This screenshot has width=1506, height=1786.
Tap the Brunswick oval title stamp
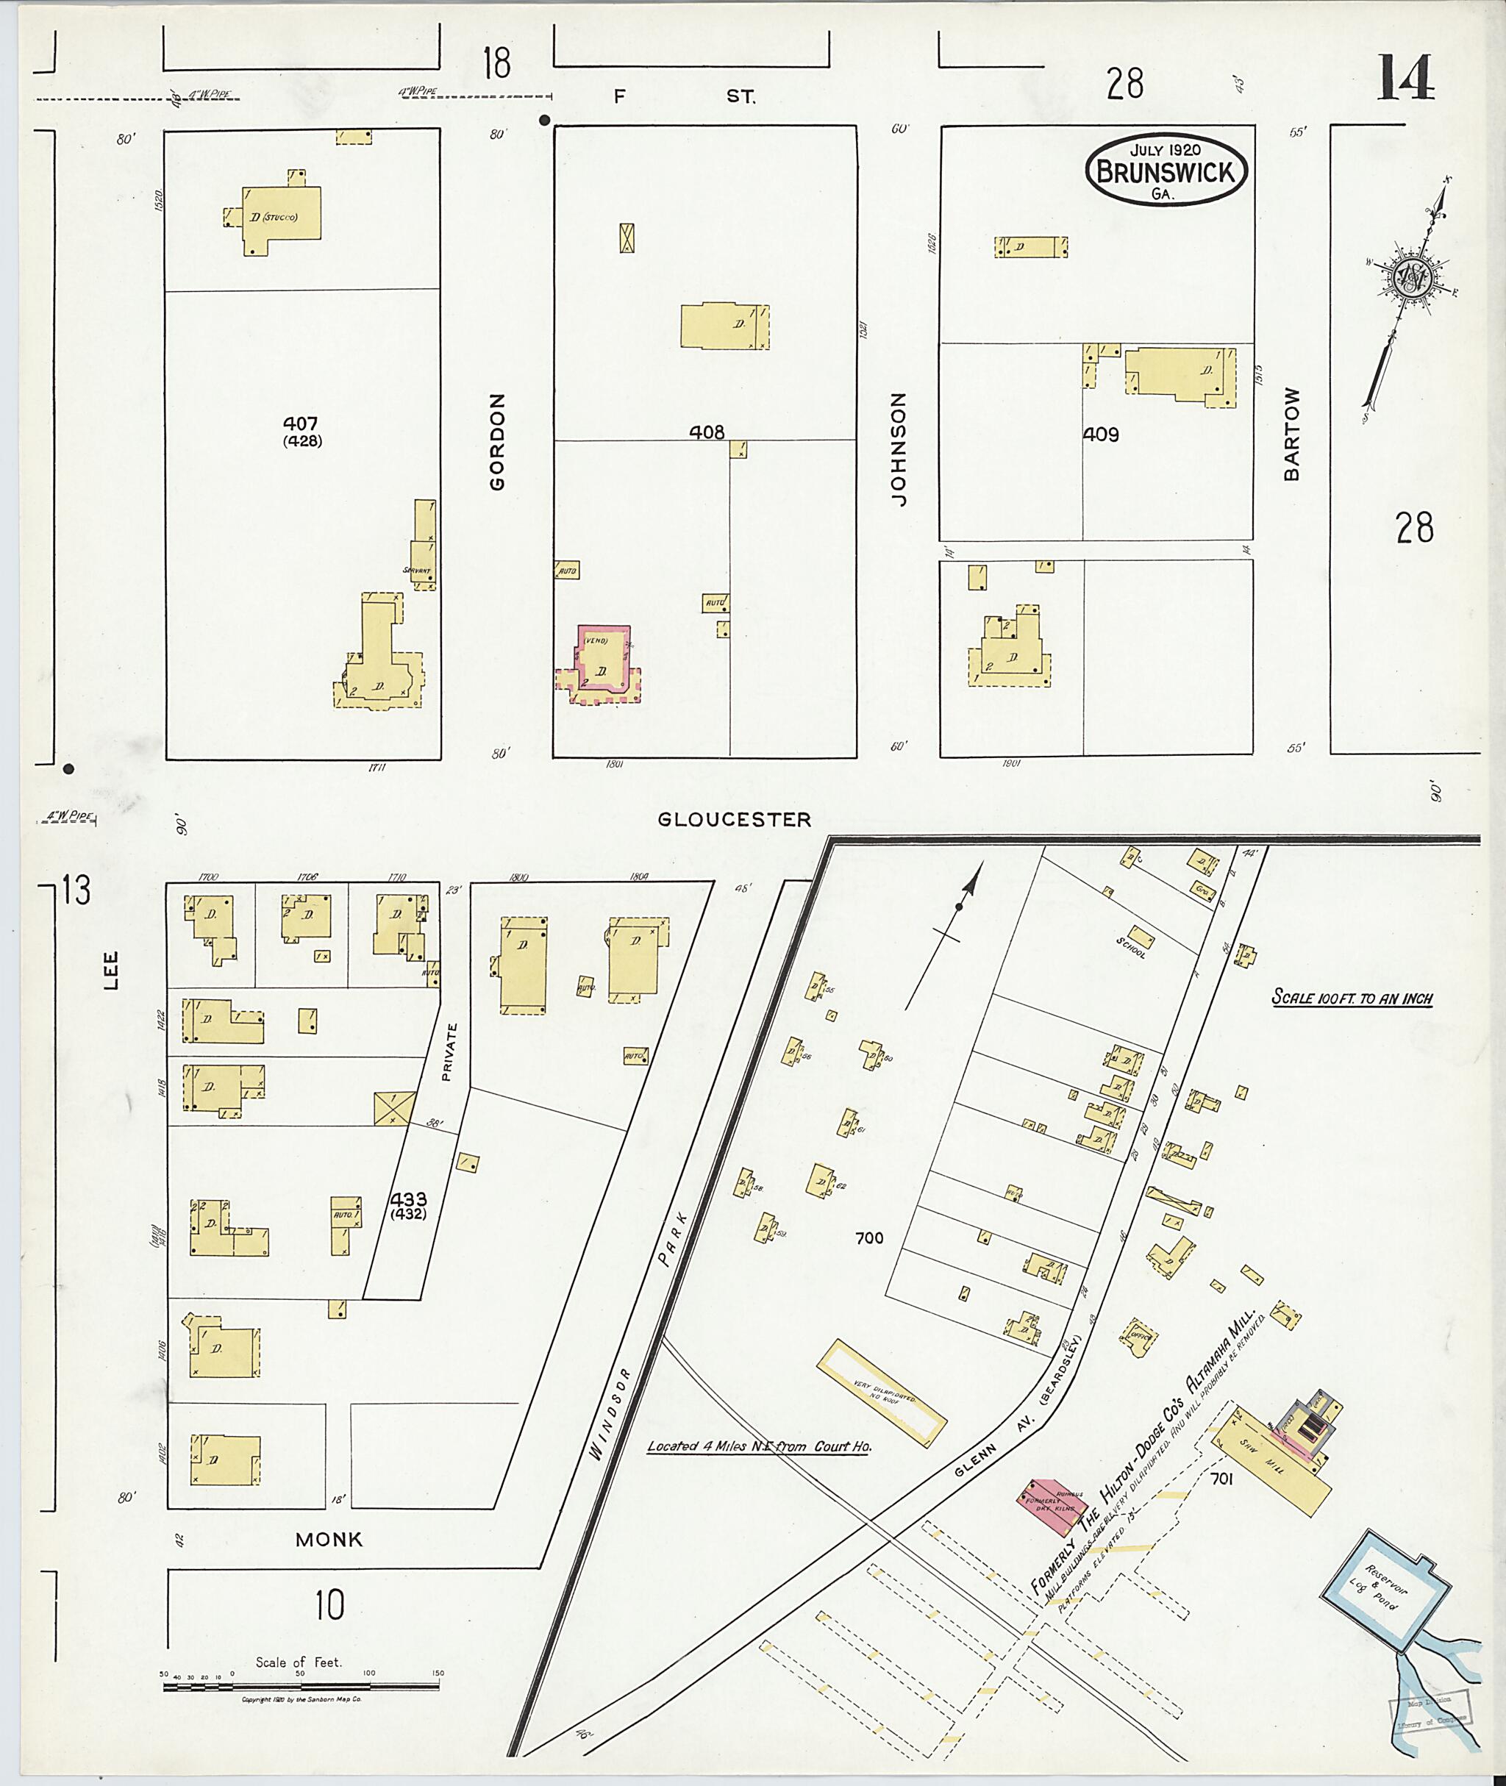pos(1166,171)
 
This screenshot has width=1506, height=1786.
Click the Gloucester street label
pos(734,820)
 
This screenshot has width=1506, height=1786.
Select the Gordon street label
pos(497,441)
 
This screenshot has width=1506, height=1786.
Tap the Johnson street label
pos(897,449)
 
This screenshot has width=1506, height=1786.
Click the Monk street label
pos(329,1539)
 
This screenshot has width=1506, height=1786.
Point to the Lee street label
pos(110,971)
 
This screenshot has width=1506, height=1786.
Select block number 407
pos(301,424)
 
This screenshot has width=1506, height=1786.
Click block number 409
pos(1101,435)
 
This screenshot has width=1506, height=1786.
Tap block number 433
pos(407,1199)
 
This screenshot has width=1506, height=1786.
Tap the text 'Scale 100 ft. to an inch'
pos(1352,998)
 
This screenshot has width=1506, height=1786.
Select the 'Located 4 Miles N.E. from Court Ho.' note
pos(759,1446)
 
